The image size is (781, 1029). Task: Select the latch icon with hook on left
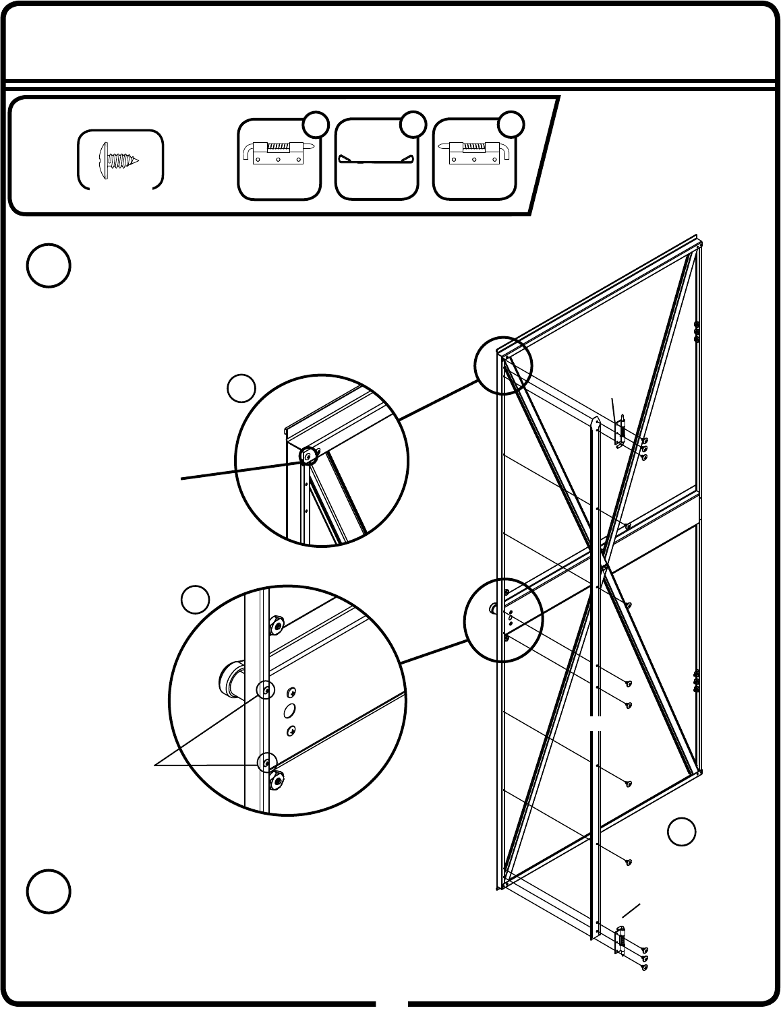277,153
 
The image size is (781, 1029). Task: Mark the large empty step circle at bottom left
49,892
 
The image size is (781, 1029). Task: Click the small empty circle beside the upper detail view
241,389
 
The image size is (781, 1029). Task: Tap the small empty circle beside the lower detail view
195,600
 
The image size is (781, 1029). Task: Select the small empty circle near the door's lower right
682,832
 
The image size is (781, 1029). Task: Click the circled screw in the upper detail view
308,456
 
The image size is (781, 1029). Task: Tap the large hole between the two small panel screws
289,710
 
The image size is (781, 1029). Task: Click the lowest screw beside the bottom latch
645,968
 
